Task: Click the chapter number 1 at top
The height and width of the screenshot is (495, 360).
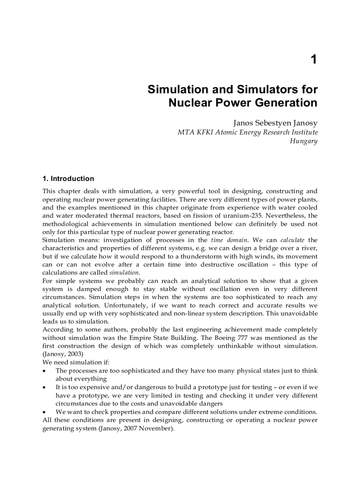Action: point(313,60)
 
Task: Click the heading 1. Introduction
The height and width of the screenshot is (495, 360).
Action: point(68,179)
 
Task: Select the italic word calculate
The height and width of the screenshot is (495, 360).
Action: point(292,240)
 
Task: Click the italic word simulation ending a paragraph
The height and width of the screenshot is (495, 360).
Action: point(124,273)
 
